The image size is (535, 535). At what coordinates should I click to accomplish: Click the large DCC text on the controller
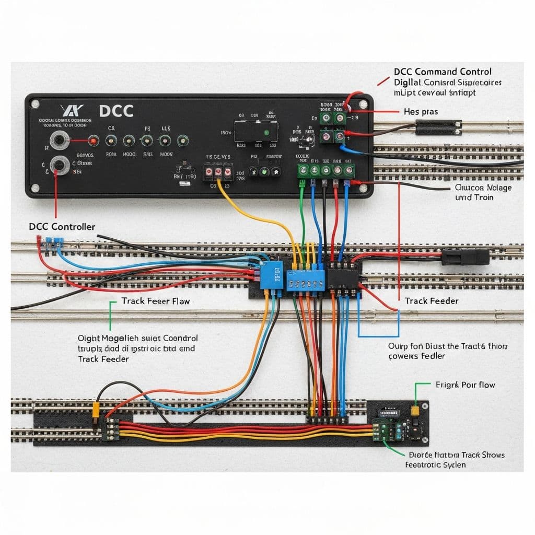pos(116,111)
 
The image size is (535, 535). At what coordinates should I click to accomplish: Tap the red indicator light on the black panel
pos(93,141)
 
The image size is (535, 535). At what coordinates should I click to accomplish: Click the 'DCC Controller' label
pos(62,227)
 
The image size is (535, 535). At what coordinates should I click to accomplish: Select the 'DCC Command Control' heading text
pos(443,72)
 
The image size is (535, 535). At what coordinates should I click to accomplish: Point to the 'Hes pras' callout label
pos(421,112)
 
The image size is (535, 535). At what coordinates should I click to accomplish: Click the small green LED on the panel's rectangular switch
pos(267,133)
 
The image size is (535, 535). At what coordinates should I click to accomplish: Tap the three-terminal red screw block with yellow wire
pos(218,172)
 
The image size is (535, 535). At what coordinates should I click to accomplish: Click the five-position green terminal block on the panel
pos(326,171)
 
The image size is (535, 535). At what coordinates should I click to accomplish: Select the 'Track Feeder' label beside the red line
pos(432,301)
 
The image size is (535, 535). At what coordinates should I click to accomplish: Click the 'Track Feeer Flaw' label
pos(156,301)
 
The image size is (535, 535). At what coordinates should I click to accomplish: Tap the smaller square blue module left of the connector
pos(271,277)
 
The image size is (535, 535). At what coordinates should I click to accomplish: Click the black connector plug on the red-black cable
pos(465,257)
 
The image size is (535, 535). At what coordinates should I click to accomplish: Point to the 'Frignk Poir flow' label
pos(465,385)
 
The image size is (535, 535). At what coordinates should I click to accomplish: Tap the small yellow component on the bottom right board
pos(414,411)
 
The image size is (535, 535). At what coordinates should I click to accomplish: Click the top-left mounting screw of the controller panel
pos(35,104)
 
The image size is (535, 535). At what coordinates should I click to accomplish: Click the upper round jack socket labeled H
pos(58,141)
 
